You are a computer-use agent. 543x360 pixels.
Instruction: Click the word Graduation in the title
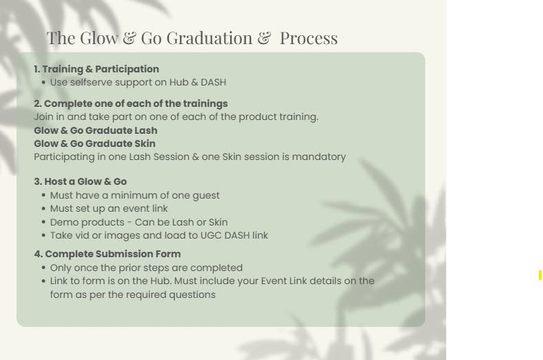point(209,38)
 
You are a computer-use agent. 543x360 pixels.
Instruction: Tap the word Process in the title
point(309,38)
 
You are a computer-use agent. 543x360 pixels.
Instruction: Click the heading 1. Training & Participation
point(96,69)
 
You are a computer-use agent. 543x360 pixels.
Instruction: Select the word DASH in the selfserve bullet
point(214,82)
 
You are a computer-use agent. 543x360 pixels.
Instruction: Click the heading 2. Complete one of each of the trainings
point(131,103)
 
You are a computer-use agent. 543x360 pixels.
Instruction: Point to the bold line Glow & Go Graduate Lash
point(96,130)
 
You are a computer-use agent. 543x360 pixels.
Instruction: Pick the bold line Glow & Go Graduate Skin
point(94,143)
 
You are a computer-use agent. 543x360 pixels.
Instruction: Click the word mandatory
point(319,157)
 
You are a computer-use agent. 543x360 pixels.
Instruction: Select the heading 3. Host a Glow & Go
point(81,181)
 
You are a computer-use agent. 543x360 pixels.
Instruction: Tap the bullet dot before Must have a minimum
point(43,195)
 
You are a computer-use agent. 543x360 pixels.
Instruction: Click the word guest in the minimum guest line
point(206,196)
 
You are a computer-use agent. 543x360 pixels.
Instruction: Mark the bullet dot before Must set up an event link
point(43,208)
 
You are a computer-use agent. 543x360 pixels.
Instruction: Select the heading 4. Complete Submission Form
point(107,254)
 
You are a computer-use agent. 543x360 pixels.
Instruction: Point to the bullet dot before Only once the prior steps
point(43,268)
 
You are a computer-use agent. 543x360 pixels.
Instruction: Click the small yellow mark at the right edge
point(540,275)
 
